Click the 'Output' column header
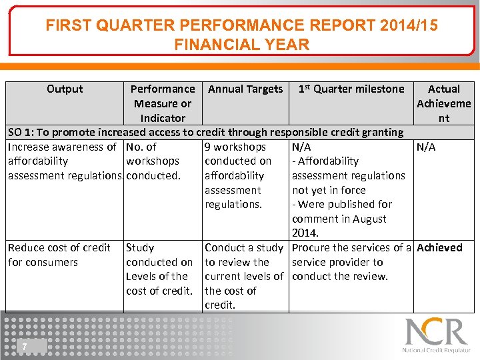click(x=65, y=89)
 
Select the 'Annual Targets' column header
click(x=245, y=89)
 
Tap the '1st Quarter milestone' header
click(x=351, y=89)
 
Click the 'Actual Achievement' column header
click(x=443, y=103)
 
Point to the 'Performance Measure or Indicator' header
click(x=163, y=103)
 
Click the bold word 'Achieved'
click(x=439, y=247)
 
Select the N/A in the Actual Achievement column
click(x=426, y=147)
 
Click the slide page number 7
click(x=24, y=346)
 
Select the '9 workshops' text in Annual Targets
click(x=235, y=147)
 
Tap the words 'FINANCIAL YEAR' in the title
click(x=241, y=45)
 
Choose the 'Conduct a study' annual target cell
click(x=243, y=247)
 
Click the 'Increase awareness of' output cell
click(x=62, y=147)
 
